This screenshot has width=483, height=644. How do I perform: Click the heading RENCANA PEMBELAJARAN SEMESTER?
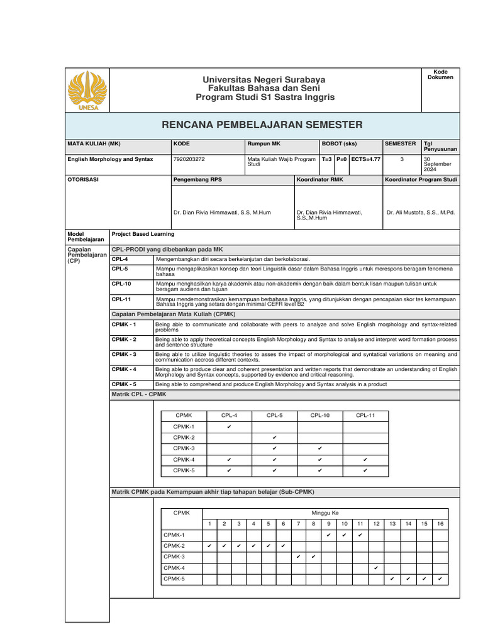click(x=262, y=125)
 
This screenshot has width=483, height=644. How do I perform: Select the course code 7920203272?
click(x=188, y=160)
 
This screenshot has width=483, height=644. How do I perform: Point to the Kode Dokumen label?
click(x=440, y=75)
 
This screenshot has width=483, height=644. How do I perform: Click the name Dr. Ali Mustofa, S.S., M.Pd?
click(x=421, y=213)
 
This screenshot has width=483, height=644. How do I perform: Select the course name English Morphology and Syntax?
click(x=110, y=160)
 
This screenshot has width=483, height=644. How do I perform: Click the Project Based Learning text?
click(x=143, y=234)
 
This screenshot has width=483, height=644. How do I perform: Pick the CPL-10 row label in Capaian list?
click(x=121, y=284)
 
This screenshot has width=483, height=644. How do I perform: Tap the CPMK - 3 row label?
click(x=124, y=354)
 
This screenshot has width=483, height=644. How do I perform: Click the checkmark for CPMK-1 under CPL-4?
click(x=229, y=427)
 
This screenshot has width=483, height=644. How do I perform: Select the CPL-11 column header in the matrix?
click(x=365, y=416)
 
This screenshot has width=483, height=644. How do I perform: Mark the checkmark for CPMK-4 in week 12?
click(x=375, y=568)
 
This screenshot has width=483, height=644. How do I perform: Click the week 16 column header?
click(x=440, y=524)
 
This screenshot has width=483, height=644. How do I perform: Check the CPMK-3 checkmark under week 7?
click(x=298, y=557)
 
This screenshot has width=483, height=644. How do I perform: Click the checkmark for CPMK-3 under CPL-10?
click(x=320, y=449)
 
